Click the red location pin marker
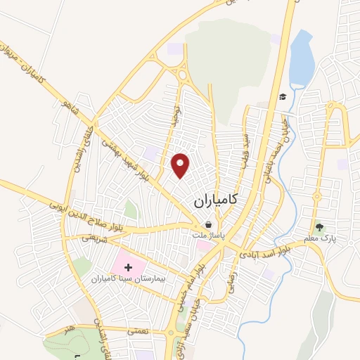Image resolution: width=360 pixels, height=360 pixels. click(x=181, y=165)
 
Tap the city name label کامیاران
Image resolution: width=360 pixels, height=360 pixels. click(x=215, y=201)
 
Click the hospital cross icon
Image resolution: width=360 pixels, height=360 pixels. click(x=128, y=268)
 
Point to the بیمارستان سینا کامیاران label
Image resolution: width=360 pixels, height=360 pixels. click(x=131, y=279)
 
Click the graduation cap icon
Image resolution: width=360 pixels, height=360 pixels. click(x=282, y=96)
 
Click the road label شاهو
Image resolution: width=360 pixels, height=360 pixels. click(x=67, y=111)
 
